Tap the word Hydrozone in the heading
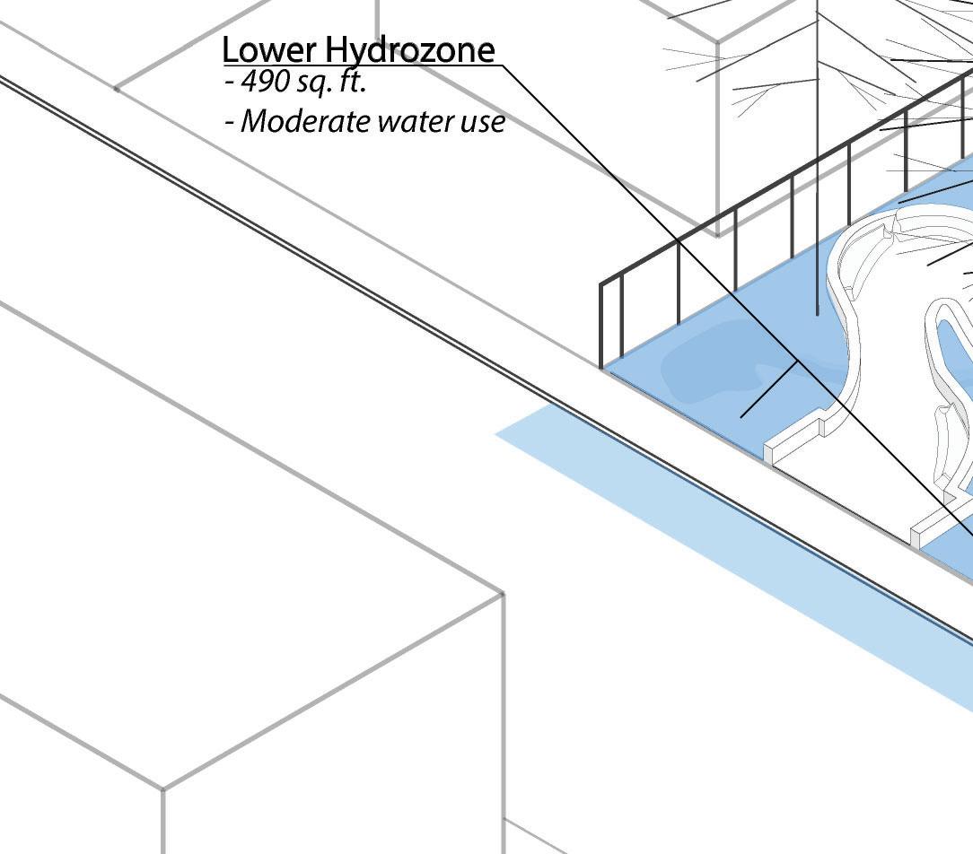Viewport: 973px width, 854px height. point(410,49)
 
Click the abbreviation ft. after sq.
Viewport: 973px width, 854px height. point(353,83)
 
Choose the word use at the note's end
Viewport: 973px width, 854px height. point(485,122)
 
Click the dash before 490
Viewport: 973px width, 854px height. point(231,83)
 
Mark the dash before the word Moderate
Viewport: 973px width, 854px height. point(231,122)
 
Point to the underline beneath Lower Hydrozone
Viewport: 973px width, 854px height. point(359,65)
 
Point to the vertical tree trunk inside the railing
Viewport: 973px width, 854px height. point(817,179)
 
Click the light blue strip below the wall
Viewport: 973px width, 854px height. point(718,556)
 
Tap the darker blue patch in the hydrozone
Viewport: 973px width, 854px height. point(709,368)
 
